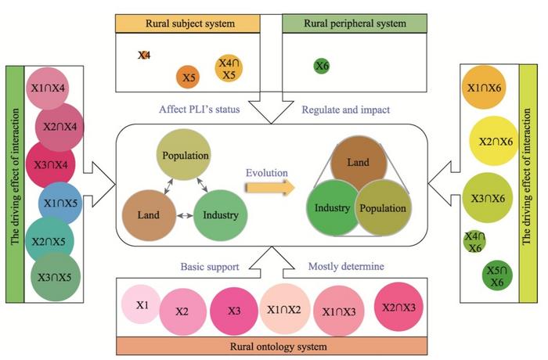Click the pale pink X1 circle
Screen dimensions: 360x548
point(142,306)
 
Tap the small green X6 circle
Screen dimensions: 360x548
point(321,67)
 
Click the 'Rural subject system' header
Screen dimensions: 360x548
point(188,23)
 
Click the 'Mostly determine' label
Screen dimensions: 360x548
point(345,267)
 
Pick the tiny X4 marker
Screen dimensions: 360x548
point(144,55)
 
